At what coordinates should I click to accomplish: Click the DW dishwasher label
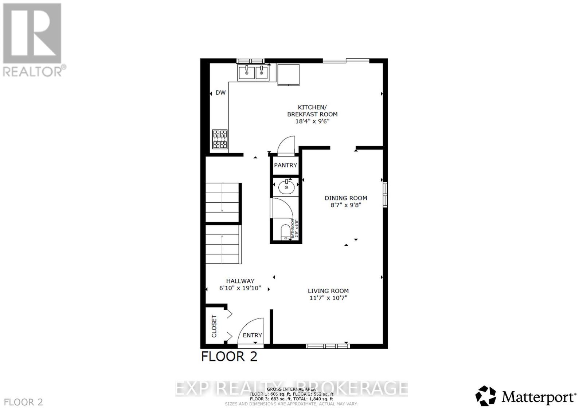point(220,92)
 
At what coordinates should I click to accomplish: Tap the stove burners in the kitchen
point(220,139)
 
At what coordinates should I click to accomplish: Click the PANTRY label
point(285,165)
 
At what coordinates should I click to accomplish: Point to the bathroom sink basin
point(286,187)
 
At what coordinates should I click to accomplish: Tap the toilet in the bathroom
point(285,232)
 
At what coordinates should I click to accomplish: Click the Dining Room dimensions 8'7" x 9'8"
point(346,205)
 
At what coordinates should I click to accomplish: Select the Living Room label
point(328,291)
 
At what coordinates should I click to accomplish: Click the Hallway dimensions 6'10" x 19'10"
point(240,288)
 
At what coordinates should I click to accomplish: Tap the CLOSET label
point(214,326)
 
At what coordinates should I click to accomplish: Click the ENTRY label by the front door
point(252,335)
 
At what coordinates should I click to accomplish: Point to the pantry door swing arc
point(286,144)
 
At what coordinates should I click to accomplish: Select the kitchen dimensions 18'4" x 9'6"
point(312,121)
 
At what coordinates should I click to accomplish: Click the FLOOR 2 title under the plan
point(229,356)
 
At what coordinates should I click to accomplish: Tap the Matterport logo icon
point(485,396)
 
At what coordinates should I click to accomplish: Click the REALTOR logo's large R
point(32,33)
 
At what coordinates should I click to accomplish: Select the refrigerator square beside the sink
point(288,75)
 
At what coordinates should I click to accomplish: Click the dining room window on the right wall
point(385,195)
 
